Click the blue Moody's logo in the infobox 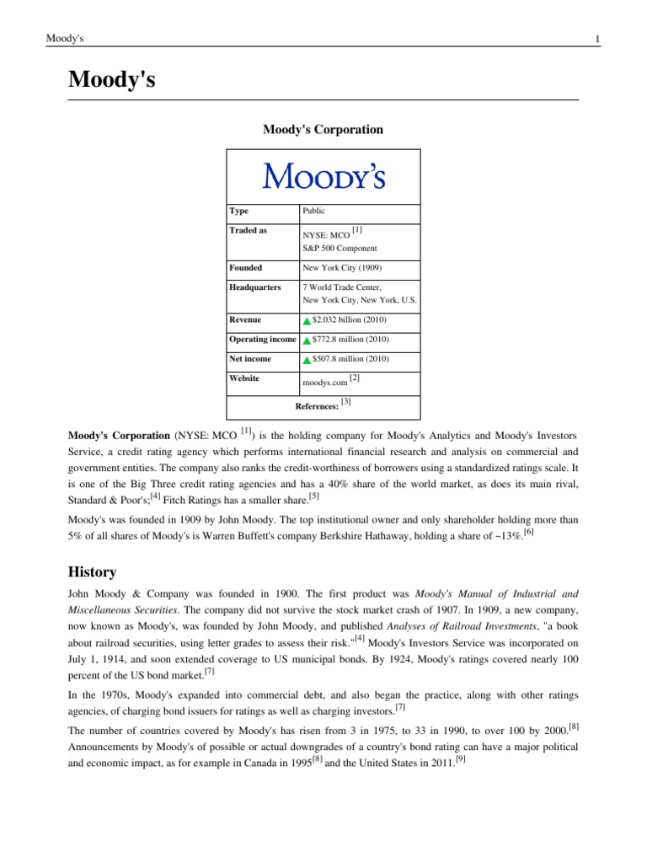tap(323, 176)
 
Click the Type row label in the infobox tap(239, 212)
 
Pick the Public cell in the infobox tap(313, 212)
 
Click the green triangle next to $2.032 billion tap(307, 321)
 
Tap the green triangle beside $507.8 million tap(307, 360)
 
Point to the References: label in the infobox tap(317, 406)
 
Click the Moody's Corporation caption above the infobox tap(323, 130)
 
